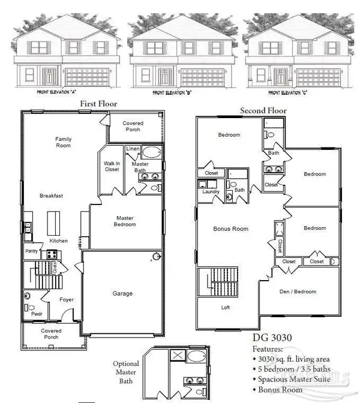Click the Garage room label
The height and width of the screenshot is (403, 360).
[122, 293]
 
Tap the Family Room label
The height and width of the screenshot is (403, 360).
[64, 143]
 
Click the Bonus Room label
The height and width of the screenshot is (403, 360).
[231, 229]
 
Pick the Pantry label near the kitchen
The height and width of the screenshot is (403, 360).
[31, 251]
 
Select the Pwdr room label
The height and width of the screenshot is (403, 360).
[29, 313]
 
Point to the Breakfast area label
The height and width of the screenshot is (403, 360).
[52, 196]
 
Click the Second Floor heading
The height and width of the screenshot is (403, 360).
[263, 110]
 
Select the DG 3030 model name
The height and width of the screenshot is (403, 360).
[271, 337]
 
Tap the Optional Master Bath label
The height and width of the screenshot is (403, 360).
[126, 371]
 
